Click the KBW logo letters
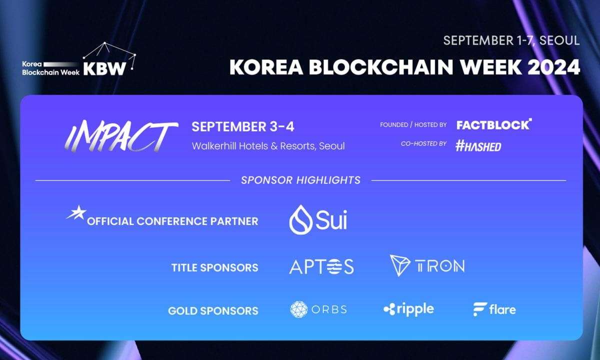click(104, 69)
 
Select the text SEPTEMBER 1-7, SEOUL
click(511, 40)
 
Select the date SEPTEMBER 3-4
click(243, 126)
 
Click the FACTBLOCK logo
click(494, 124)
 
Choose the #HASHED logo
click(478, 146)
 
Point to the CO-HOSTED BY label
click(423, 144)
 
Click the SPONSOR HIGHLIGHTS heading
click(300, 180)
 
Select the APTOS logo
click(321, 266)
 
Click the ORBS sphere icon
click(299, 309)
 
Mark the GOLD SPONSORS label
click(213, 310)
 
